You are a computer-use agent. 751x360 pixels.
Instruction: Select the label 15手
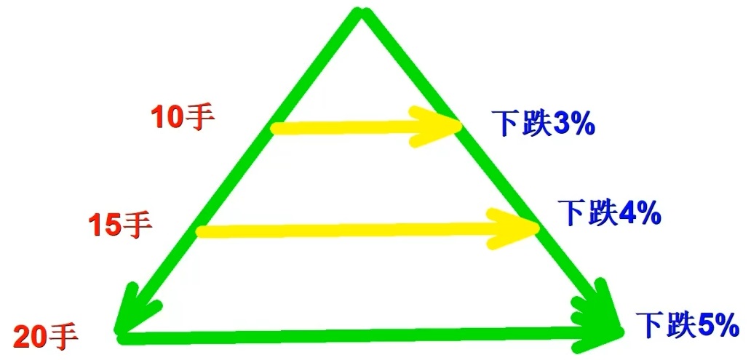[x=121, y=225]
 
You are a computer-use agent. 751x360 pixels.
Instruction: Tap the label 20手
[x=45, y=337]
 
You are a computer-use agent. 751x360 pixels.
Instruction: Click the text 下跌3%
[x=544, y=124]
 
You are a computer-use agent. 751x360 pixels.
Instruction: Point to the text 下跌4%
[x=609, y=213]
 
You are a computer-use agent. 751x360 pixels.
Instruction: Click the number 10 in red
[x=167, y=118]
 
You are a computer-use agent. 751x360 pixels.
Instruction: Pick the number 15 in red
[x=105, y=225]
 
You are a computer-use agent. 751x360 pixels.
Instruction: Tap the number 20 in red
[x=29, y=337]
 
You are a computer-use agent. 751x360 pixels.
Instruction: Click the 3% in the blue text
[x=574, y=124]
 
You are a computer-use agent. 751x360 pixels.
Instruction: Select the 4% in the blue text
[x=639, y=213]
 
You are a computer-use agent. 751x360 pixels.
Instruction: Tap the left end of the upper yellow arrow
[x=275, y=129]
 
